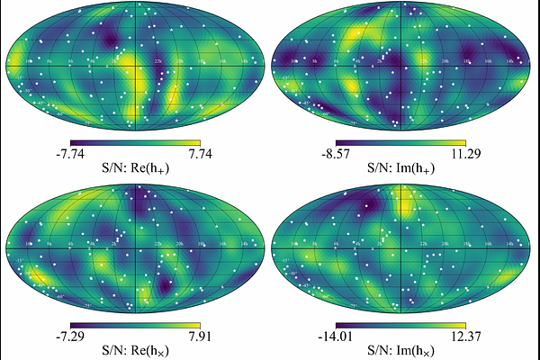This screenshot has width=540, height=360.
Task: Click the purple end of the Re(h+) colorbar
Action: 74,142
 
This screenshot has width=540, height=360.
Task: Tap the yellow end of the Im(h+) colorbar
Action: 463,142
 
